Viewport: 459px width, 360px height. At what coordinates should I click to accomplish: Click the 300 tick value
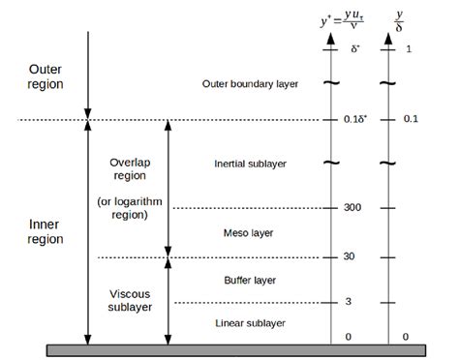(x=352, y=208)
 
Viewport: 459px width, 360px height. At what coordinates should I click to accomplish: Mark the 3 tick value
(x=349, y=302)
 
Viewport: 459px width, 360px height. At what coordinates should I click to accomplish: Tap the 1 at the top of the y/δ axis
(x=407, y=48)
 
